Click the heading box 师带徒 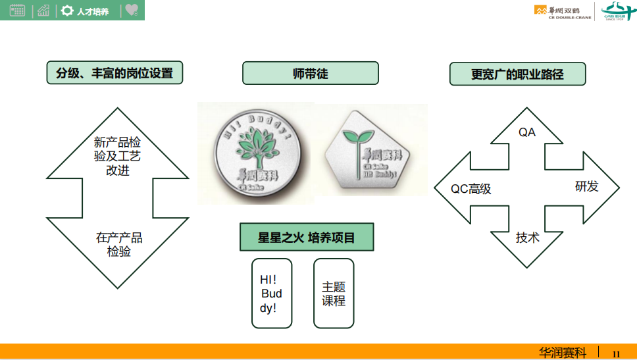coord(310,73)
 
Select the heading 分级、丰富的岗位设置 coord(115,73)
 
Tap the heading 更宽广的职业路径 coord(517,74)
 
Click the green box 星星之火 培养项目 coord(306,238)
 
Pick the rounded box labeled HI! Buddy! coord(271,294)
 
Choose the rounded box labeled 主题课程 coord(333,294)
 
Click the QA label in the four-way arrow coord(526,132)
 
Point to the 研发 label coord(586,187)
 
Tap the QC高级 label coord(471,190)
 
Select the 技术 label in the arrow coord(526,238)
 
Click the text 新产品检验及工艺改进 coord(117,156)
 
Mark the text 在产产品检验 coord(118,244)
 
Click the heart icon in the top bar coord(132,10)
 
